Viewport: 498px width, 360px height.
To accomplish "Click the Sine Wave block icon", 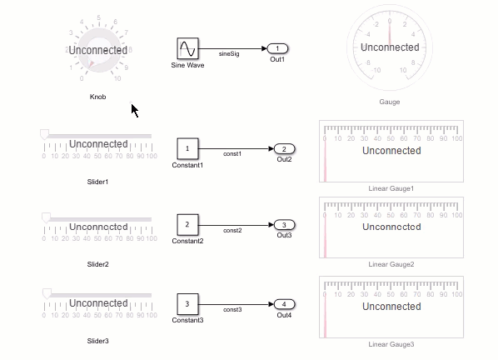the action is (x=187, y=48).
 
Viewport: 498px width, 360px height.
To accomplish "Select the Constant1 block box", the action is (x=187, y=148).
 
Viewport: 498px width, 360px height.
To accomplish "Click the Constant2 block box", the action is (x=187, y=225).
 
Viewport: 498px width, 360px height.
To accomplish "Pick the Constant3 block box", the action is (x=187, y=304).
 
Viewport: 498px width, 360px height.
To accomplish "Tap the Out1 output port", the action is (x=277, y=48).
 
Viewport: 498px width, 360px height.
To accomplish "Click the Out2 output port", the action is (x=284, y=148).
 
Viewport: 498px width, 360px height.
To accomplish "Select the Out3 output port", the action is (x=284, y=225).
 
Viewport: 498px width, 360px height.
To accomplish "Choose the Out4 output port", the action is (x=284, y=304).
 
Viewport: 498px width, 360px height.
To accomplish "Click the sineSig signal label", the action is (x=229, y=53).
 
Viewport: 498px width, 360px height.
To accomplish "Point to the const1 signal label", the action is (x=232, y=154).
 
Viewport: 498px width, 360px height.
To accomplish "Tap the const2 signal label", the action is (x=232, y=230).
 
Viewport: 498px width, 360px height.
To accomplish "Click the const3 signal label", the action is (x=232, y=309).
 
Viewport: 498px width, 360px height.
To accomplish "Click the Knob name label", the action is (x=97, y=97).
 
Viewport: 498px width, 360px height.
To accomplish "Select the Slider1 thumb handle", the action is (x=44, y=134).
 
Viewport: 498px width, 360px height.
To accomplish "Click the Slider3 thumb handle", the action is (x=47, y=294).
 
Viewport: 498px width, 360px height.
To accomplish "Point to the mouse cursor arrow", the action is (x=134, y=110).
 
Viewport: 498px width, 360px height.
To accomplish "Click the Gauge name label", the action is (x=390, y=102).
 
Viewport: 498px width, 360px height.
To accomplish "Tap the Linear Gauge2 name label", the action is (x=391, y=264).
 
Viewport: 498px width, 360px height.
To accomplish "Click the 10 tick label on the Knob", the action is (x=117, y=78).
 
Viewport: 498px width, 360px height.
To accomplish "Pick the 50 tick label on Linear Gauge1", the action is (x=391, y=138).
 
